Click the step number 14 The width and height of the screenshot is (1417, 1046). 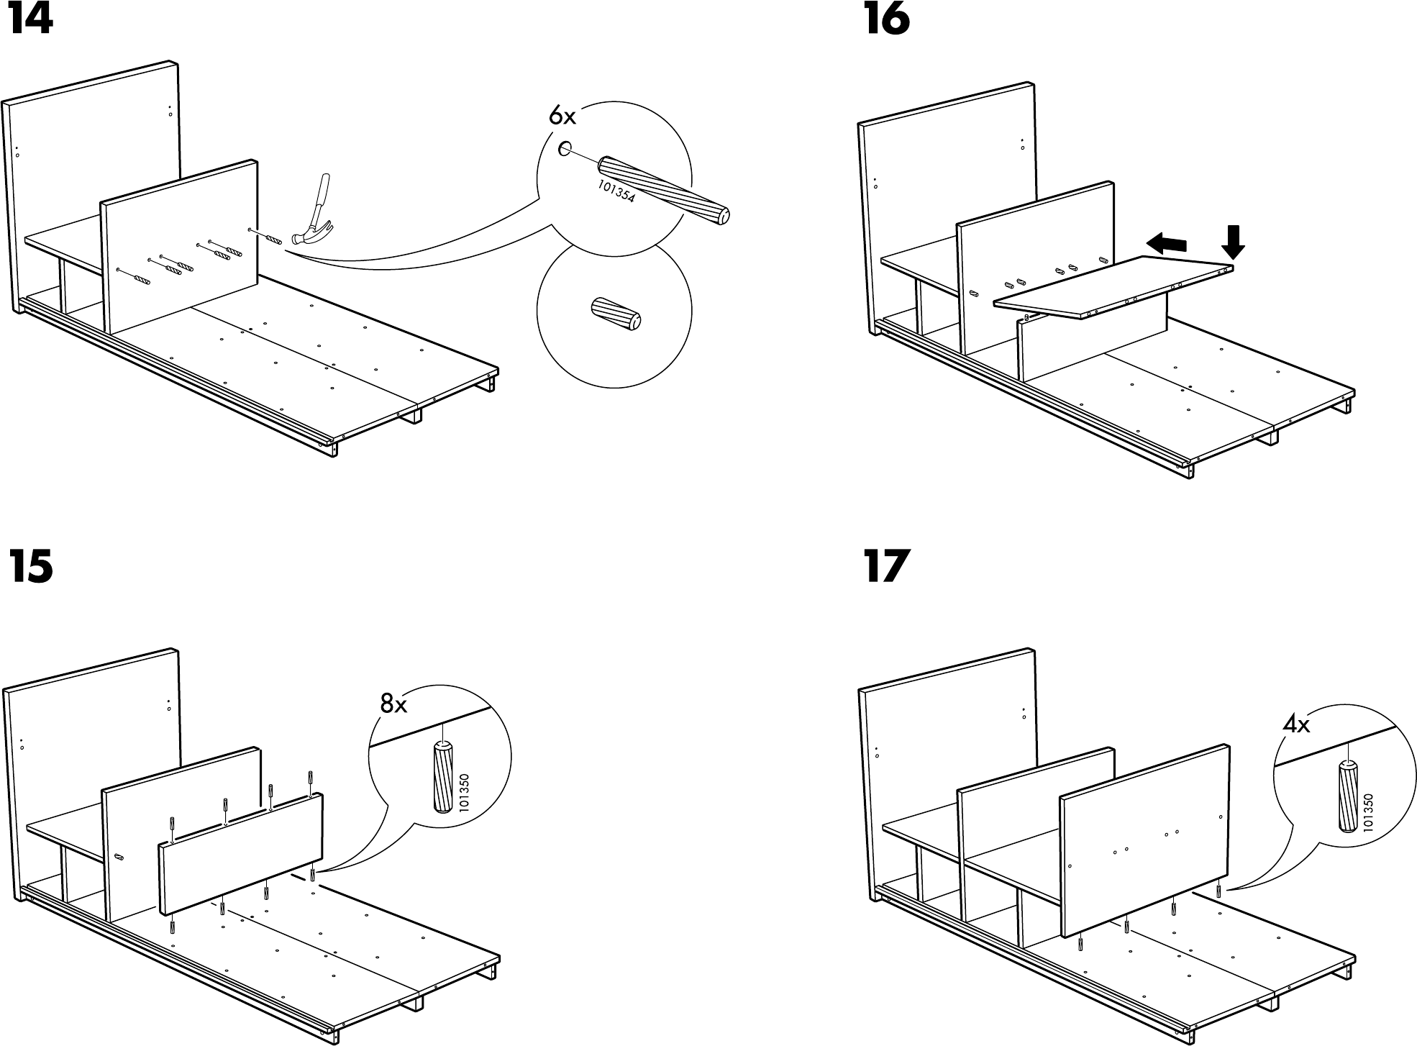pos(30,20)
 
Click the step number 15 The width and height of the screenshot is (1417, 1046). pos(30,567)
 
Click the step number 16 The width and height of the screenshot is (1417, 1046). pos(886,20)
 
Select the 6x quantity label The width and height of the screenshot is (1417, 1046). pos(562,115)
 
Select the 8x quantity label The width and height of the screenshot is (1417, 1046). pos(393,704)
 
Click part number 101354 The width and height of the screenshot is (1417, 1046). pos(616,191)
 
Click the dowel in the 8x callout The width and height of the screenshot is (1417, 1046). pos(442,778)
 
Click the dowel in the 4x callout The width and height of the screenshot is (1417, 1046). pos(1348,796)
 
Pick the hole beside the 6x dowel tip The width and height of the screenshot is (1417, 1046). pos(565,150)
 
